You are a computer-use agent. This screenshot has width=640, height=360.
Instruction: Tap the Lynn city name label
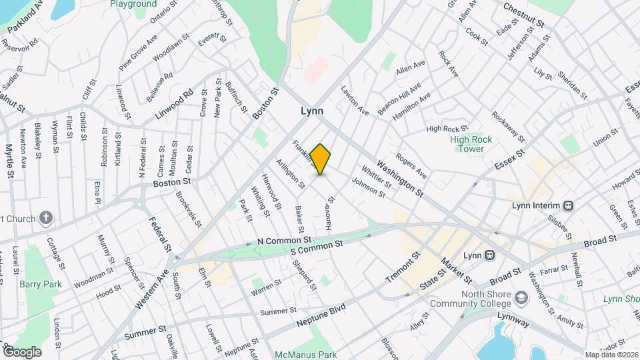tap(316, 111)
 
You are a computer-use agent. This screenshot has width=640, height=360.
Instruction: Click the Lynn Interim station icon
tap(569, 205)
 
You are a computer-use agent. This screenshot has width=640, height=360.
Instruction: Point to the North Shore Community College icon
tap(521, 297)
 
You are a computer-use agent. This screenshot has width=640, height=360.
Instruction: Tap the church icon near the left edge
tap(46, 217)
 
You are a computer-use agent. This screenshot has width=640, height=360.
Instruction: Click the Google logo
tap(22, 351)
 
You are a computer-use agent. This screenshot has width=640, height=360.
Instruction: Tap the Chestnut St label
tap(525, 14)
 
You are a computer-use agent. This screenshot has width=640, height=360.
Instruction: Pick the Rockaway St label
tap(508, 122)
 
